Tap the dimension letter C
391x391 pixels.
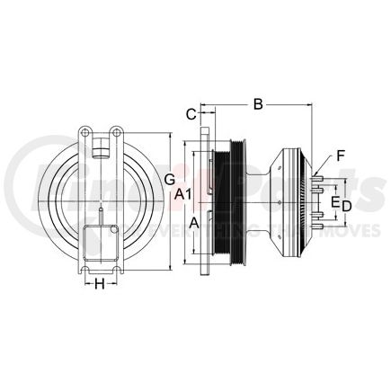click(x=190, y=114)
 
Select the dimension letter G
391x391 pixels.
click(x=169, y=180)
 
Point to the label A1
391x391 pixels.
click(x=182, y=193)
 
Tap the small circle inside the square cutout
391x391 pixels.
click(x=115, y=232)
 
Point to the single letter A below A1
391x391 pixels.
click(x=192, y=218)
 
